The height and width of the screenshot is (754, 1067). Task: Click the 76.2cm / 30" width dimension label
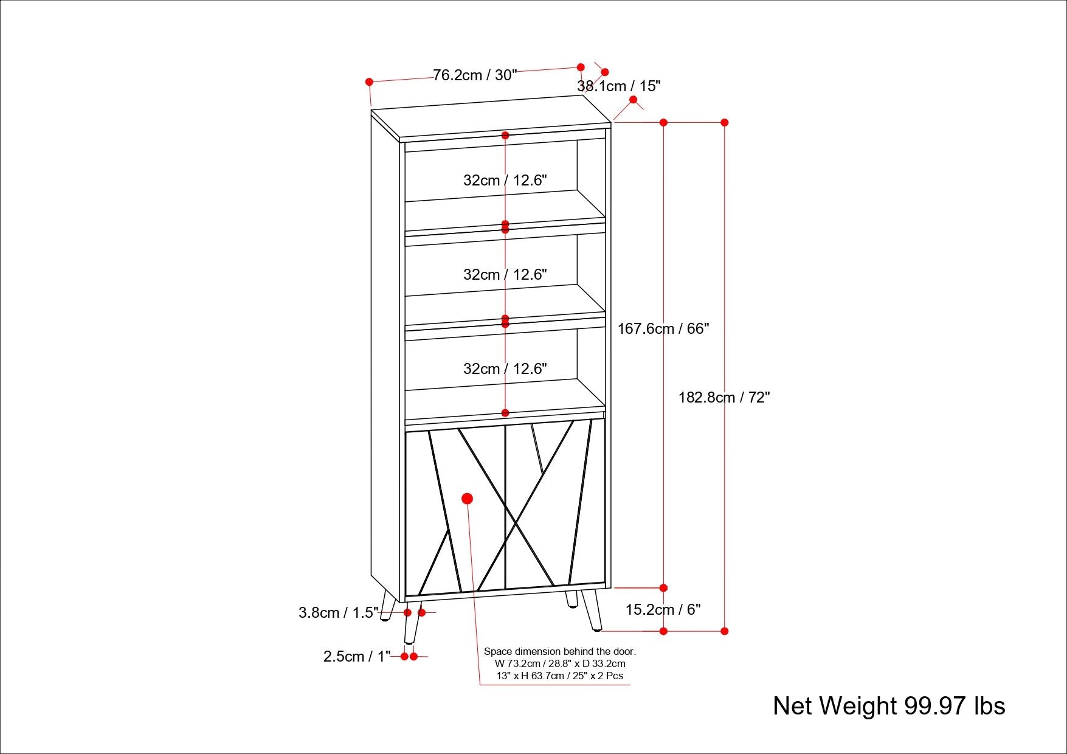(x=475, y=75)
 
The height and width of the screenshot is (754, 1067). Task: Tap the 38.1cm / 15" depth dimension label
(x=618, y=86)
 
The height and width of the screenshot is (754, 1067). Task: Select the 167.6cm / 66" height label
(x=663, y=329)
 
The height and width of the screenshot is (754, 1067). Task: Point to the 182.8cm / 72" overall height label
(x=724, y=398)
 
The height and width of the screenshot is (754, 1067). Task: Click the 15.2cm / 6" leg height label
(x=663, y=609)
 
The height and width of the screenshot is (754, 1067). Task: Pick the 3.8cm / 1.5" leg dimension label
(x=338, y=612)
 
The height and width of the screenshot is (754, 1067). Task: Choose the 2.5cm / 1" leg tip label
(x=357, y=657)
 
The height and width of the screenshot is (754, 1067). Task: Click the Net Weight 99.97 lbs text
(x=888, y=706)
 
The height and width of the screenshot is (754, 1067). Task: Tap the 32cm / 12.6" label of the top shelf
(x=505, y=181)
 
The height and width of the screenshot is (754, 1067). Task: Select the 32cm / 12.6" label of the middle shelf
(x=505, y=275)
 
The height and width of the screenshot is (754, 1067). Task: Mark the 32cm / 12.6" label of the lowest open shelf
(x=505, y=369)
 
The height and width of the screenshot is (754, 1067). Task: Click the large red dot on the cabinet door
(x=467, y=499)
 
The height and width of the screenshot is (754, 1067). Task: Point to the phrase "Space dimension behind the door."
(x=559, y=651)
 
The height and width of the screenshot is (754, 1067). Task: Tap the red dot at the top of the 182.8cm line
(x=724, y=122)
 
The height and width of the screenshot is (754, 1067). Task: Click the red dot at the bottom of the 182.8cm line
(x=724, y=631)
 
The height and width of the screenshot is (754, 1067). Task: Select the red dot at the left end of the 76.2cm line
(x=369, y=81)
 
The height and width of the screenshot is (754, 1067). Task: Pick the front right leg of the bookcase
(x=592, y=610)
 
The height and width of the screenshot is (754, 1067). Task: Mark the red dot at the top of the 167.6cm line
(x=663, y=122)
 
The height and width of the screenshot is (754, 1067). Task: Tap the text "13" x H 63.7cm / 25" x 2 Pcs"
(x=559, y=676)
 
